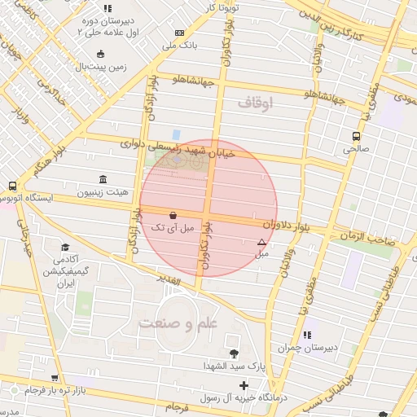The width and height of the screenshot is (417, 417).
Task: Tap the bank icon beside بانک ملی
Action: (x=178, y=33)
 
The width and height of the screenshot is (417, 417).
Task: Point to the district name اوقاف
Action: (x=257, y=102)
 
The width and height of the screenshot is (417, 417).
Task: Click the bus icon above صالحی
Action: (x=356, y=136)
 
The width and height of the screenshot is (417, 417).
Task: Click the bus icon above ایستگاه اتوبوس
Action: (x=12, y=186)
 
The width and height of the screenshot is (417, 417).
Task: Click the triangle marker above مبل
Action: (x=261, y=242)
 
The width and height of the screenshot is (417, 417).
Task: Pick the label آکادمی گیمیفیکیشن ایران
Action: (x=64, y=271)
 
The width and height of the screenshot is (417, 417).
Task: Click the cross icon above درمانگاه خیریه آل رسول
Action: (x=243, y=384)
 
